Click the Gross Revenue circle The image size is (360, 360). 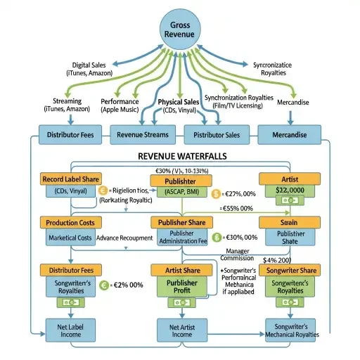[x=179, y=29]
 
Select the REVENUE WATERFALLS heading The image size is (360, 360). [x=180, y=156]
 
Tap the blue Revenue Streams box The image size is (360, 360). [x=140, y=135]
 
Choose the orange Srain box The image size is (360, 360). [x=289, y=222]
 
